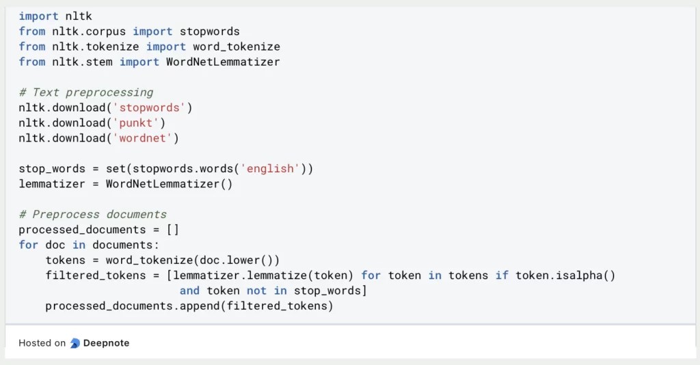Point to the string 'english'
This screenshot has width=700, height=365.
coord(270,168)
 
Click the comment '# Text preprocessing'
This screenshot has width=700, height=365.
coord(85,92)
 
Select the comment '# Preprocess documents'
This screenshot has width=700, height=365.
coord(92,214)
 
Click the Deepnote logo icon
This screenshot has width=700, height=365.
coord(75,343)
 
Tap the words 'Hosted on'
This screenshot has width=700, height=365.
coord(42,343)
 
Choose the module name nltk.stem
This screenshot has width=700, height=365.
coord(82,62)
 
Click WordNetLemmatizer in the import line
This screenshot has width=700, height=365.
coord(223,62)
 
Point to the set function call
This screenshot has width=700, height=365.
coord(116,168)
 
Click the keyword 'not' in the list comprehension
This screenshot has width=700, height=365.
coord(256,290)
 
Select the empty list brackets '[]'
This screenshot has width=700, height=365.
coord(172,230)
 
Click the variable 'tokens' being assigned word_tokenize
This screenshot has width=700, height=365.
coord(66,260)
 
